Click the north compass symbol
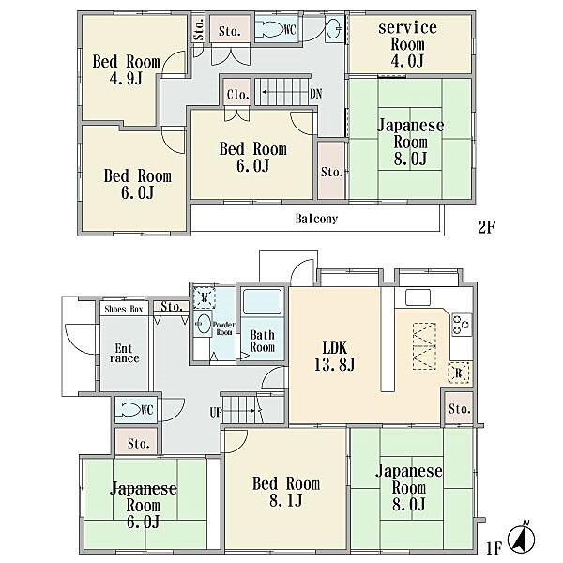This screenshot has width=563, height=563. pyautogui.click(x=522, y=539)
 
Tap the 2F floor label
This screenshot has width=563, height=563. pyautogui.click(x=486, y=227)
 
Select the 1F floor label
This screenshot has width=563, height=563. pyautogui.click(x=494, y=548)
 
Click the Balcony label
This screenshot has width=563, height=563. pyautogui.click(x=316, y=219)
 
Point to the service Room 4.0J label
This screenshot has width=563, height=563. pyautogui.click(x=407, y=44)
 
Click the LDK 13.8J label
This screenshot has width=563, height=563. pyautogui.click(x=335, y=357)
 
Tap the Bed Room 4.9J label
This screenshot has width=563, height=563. pyautogui.click(x=126, y=69)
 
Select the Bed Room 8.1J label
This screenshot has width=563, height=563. pyautogui.click(x=286, y=492)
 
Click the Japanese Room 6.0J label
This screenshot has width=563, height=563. pyautogui.click(x=143, y=505)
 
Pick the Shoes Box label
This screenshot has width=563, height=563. pyautogui.click(x=124, y=309)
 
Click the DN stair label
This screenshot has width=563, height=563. pyautogui.click(x=315, y=94)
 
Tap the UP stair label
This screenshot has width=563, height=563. pyautogui.click(x=216, y=412)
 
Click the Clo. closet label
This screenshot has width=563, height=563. pyautogui.click(x=237, y=95)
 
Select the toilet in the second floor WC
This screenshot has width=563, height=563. pyautogui.click(x=271, y=29)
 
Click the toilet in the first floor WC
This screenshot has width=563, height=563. pyautogui.click(x=129, y=410)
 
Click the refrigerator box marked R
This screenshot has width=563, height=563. pyautogui.click(x=459, y=373)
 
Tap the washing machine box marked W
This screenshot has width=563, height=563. pyautogui.click(x=205, y=297)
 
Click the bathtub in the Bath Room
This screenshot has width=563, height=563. pyautogui.click(x=262, y=301)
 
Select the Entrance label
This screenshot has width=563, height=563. pyautogui.click(x=124, y=354)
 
